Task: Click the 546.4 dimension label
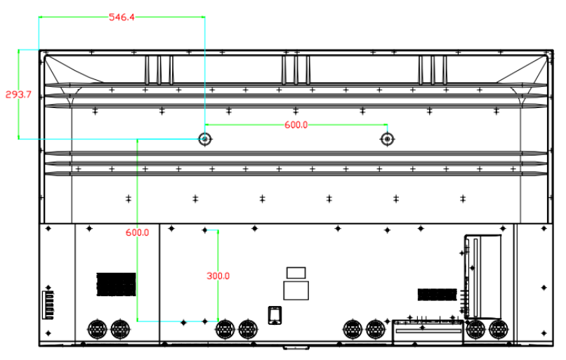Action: click(121, 17)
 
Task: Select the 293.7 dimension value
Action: click(18, 95)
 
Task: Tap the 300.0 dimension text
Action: click(218, 276)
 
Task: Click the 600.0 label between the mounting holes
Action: click(296, 125)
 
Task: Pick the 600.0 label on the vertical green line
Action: click(137, 233)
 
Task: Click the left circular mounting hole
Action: click(205, 139)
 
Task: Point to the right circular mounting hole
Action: click(388, 139)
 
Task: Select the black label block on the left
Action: click(117, 285)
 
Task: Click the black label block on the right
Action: click(437, 295)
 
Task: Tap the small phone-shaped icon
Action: click(275, 315)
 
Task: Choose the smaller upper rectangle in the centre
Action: click(296, 273)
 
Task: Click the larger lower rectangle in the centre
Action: click(296, 291)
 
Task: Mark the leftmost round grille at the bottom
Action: click(98, 329)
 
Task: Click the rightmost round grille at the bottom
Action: click(499, 329)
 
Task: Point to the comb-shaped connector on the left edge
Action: click(48, 305)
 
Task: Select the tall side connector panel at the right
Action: click(482, 277)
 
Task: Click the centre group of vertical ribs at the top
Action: click(296, 70)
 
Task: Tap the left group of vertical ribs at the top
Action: click(159, 70)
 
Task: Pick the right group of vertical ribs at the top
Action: click(433, 70)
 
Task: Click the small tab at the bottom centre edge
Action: click(296, 348)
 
